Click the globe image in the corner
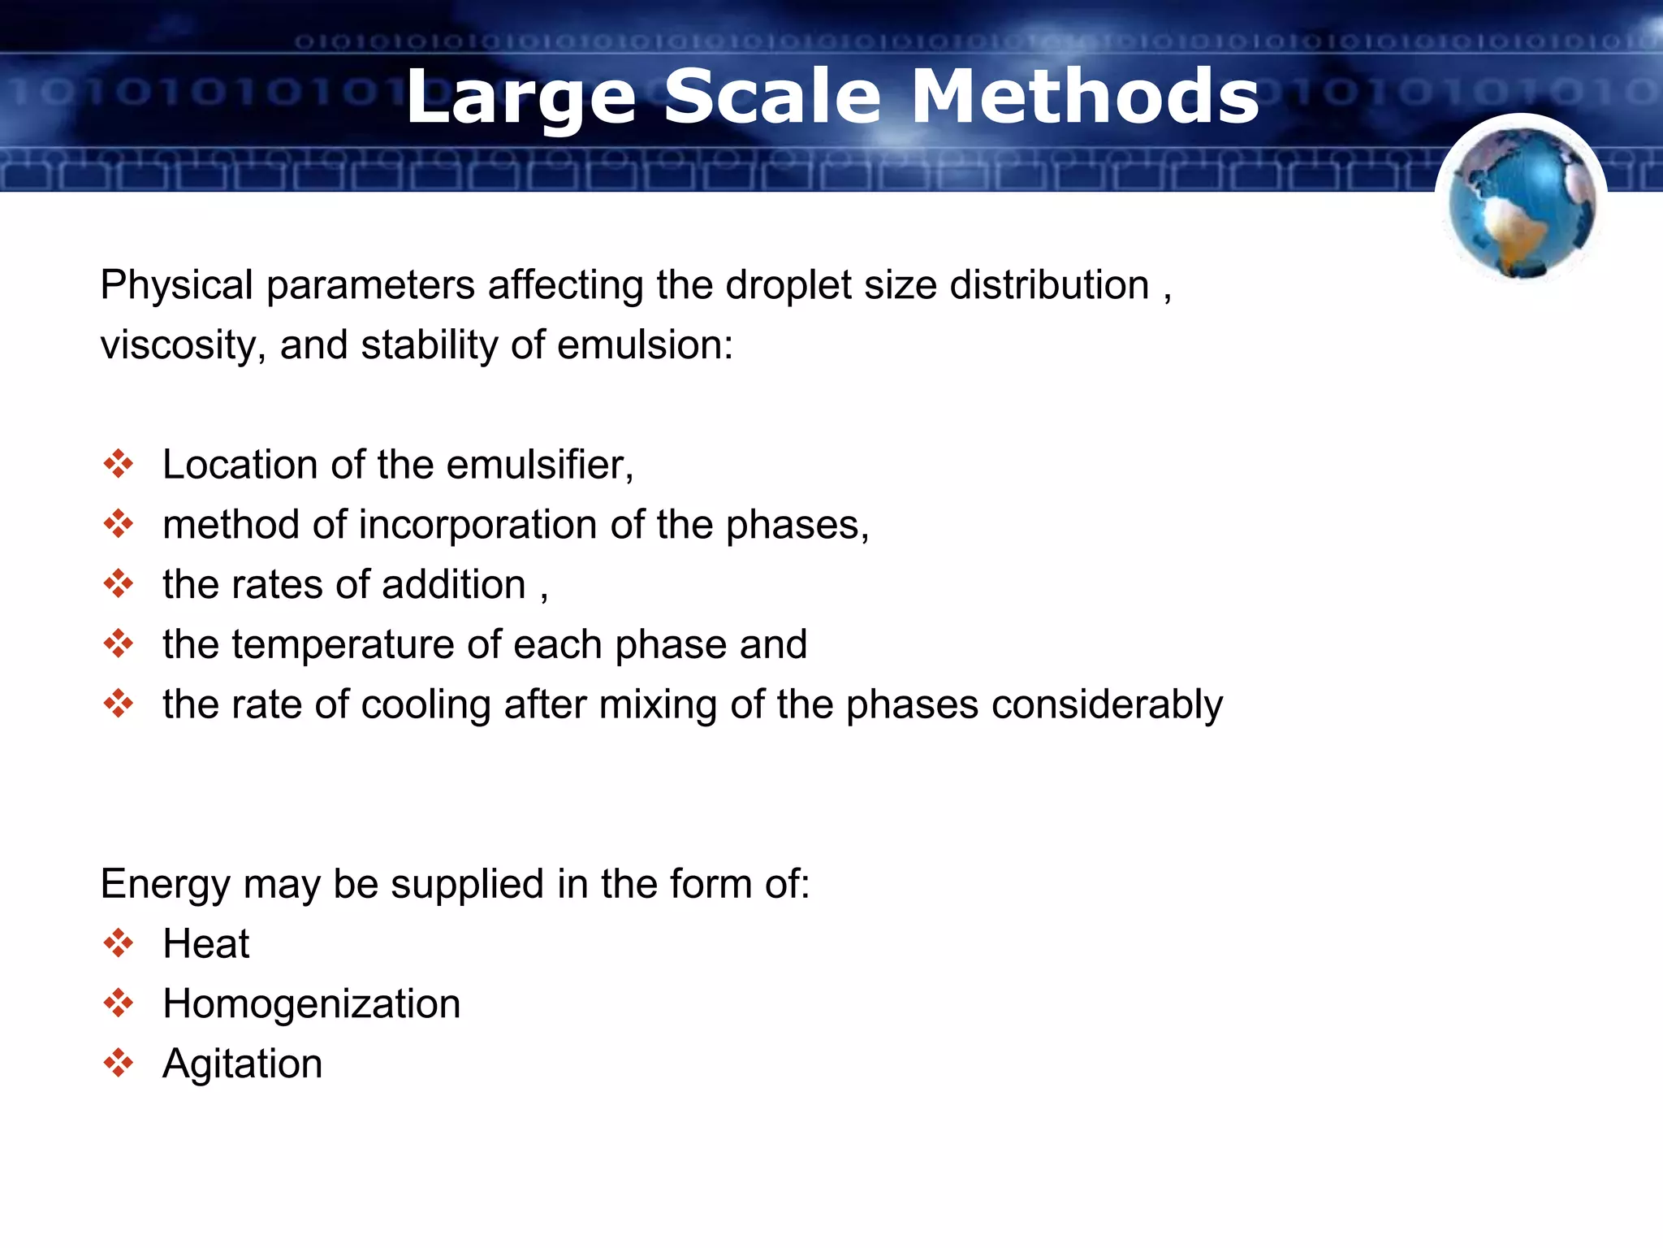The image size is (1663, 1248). pos(1522,203)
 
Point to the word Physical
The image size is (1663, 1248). pos(177,286)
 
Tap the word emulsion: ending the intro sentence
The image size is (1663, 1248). pos(646,346)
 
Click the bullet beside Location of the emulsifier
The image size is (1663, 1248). pos(119,464)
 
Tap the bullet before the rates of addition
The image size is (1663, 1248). pos(119,583)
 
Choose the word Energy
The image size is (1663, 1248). pos(165,885)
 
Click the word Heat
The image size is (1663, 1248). pos(206,944)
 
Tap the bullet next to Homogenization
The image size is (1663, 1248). pos(119,1003)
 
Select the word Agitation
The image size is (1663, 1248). pos(243,1064)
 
